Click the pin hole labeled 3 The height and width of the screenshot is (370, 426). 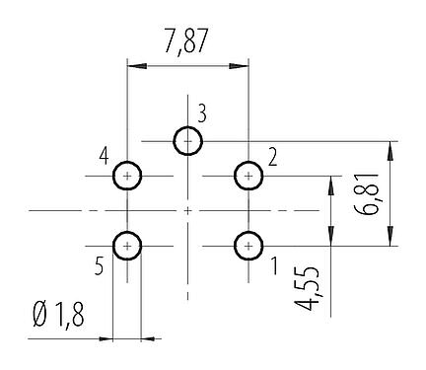tap(188, 141)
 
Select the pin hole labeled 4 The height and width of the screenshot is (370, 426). tap(128, 177)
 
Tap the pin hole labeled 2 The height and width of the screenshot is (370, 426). tap(248, 177)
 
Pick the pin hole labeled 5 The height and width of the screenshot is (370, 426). tap(128, 245)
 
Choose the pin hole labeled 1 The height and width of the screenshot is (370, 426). tap(248, 245)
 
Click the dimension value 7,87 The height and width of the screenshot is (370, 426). tap(187, 41)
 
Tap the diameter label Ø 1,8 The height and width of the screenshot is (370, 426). tap(60, 318)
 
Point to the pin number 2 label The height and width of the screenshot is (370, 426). tap(272, 155)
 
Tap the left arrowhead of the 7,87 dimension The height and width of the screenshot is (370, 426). tap(134, 66)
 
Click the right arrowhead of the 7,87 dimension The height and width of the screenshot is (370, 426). tap(242, 66)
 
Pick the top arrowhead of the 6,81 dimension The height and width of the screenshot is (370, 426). tap(392, 148)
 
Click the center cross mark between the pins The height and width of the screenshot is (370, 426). tap(188, 210)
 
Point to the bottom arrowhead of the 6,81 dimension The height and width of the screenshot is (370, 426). tap(392, 239)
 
